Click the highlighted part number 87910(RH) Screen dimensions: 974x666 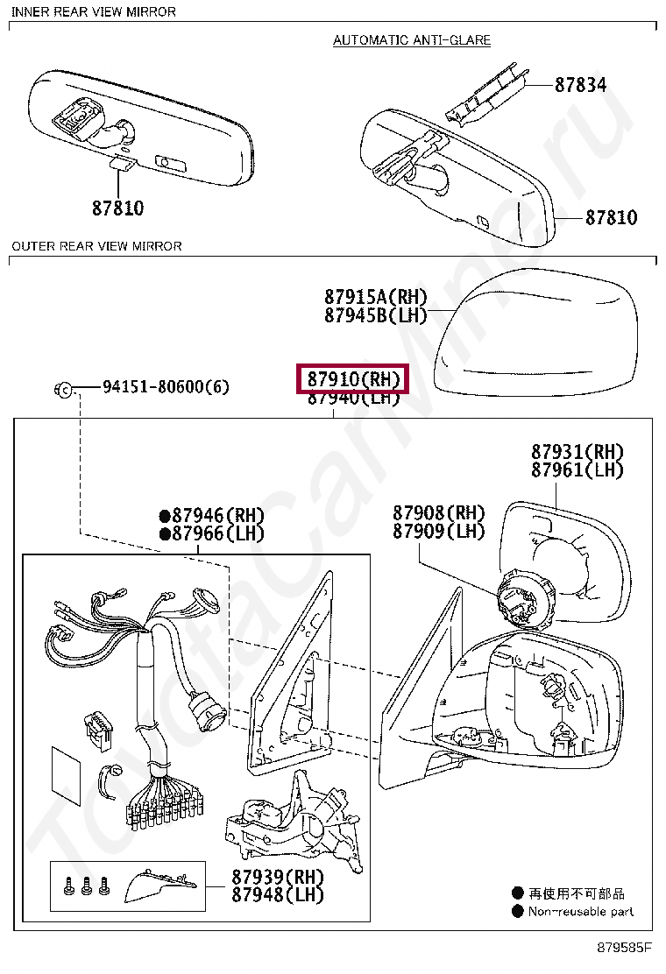click(x=353, y=379)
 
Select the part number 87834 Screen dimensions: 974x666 click(x=579, y=85)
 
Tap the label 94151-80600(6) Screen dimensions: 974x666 click(x=166, y=386)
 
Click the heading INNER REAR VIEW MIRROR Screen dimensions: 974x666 click(x=94, y=11)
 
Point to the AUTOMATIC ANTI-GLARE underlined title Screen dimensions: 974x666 click(x=412, y=40)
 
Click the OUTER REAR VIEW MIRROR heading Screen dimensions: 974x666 click(x=97, y=246)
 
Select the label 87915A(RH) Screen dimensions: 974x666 click(x=375, y=297)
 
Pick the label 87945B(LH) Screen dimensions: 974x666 click(x=375, y=315)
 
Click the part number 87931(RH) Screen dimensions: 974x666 click(x=577, y=452)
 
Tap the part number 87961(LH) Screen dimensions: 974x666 click(x=577, y=470)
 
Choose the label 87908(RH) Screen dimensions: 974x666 click(x=438, y=513)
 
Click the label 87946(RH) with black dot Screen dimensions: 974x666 click(x=205, y=516)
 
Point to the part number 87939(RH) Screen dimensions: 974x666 click(x=278, y=877)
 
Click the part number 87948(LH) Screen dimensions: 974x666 click(x=278, y=895)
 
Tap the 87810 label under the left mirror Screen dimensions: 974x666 click(x=117, y=208)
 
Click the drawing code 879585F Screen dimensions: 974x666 click(x=626, y=948)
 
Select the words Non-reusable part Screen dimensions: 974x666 click(x=580, y=912)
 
